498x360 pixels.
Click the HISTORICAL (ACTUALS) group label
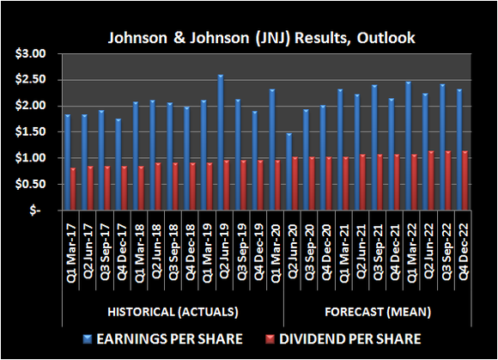pos(173,311)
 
